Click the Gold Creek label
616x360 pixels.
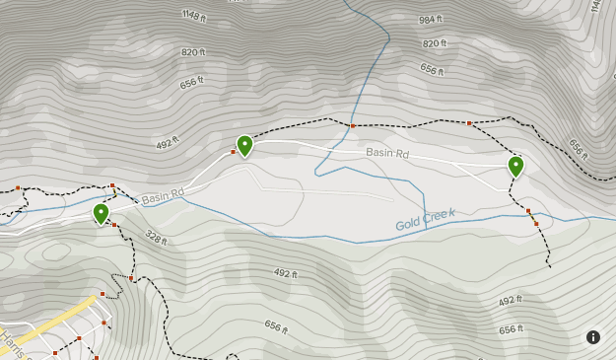[x=426, y=220]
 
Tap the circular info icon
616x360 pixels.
[x=593, y=337]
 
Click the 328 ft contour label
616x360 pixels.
[x=156, y=237]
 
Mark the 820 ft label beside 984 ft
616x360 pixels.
[x=434, y=43]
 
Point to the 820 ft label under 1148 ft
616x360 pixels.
[x=193, y=52]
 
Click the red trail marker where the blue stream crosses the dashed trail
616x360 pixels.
[x=352, y=125]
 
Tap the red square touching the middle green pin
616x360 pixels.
[x=234, y=152]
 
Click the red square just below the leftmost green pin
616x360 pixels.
[x=114, y=226]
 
